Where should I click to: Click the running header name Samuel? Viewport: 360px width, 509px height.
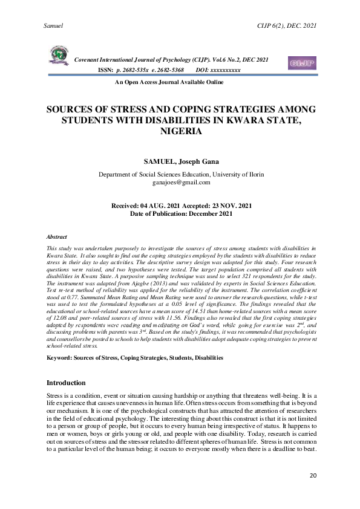pos(54,26)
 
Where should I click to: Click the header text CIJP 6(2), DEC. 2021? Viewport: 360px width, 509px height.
pos(287,26)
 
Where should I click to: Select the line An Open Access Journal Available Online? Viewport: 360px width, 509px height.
pos(173,82)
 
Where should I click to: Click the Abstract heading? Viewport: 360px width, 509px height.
pos(57,237)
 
